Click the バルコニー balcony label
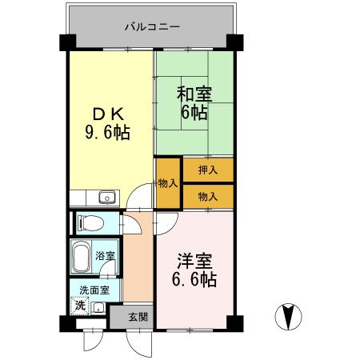pyautogui.click(x=152, y=26)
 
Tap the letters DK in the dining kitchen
pyautogui.click(x=107, y=114)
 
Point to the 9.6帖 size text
pyautogui.click(x=108, y=131)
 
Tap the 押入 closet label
pyautogui.click(x=208, y=170)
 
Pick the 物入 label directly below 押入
pyautogui.click(x=208, y=195)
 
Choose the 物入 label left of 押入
pyautogui.click(x=168, y=183)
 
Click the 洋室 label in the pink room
pyautogui.click(x=194, y=262)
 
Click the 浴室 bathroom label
pyautogui.click(x=105, y=256)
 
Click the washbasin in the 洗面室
pyautogui.click(x=98, y=307)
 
